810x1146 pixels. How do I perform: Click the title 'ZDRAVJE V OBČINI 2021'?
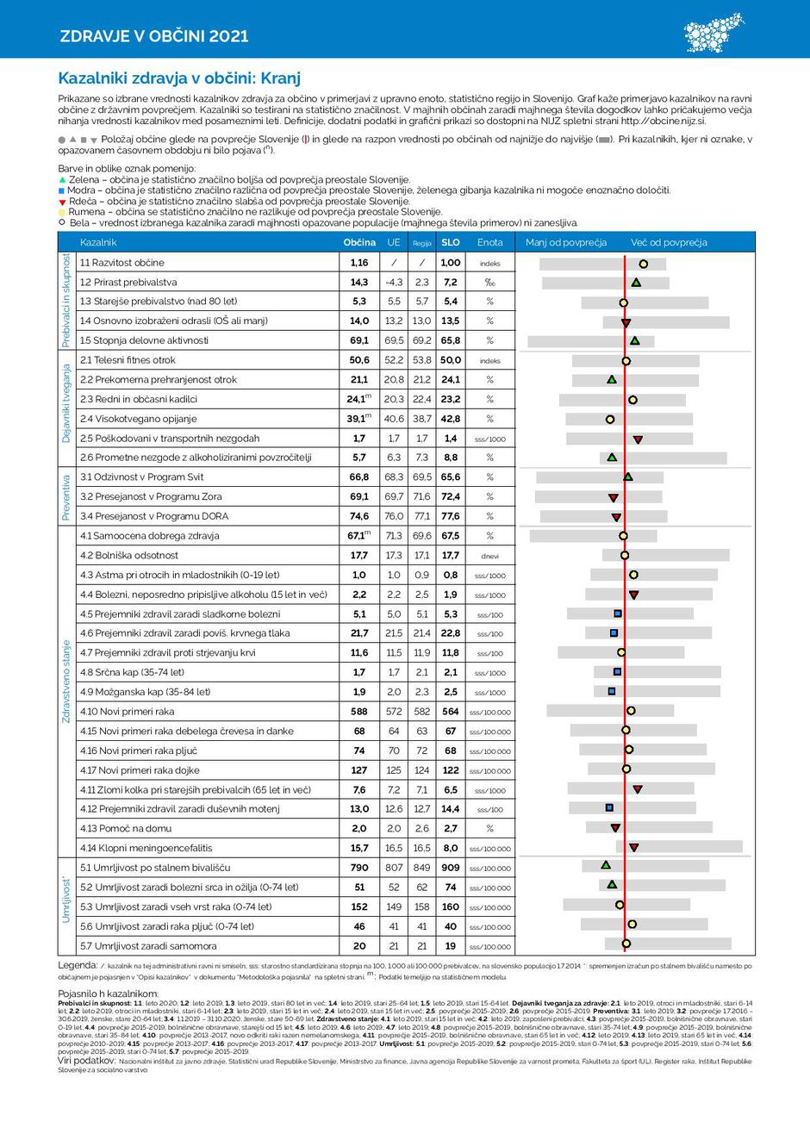154,35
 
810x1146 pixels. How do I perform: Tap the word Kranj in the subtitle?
280,78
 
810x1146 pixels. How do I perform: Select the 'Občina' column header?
359,242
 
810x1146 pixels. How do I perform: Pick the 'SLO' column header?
450,242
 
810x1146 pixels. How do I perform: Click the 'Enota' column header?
489,242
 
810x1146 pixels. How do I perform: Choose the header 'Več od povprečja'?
669,242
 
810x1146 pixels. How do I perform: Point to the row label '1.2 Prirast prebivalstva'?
128,282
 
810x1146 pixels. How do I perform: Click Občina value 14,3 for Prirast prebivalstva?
359,282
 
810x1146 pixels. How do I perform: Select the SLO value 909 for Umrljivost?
450,868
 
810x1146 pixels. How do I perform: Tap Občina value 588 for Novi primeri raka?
359,712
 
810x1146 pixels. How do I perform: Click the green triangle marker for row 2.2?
612,379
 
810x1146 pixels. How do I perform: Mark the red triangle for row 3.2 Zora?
614,498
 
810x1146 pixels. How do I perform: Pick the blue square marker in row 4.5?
618,613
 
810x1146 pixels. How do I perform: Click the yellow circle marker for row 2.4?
610,420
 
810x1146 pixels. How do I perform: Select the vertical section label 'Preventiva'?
65,496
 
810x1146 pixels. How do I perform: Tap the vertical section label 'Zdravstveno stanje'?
65,681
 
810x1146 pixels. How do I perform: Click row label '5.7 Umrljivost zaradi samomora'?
148,946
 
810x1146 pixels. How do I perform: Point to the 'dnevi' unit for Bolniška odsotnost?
489,556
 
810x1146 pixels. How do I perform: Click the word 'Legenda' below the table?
77,965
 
